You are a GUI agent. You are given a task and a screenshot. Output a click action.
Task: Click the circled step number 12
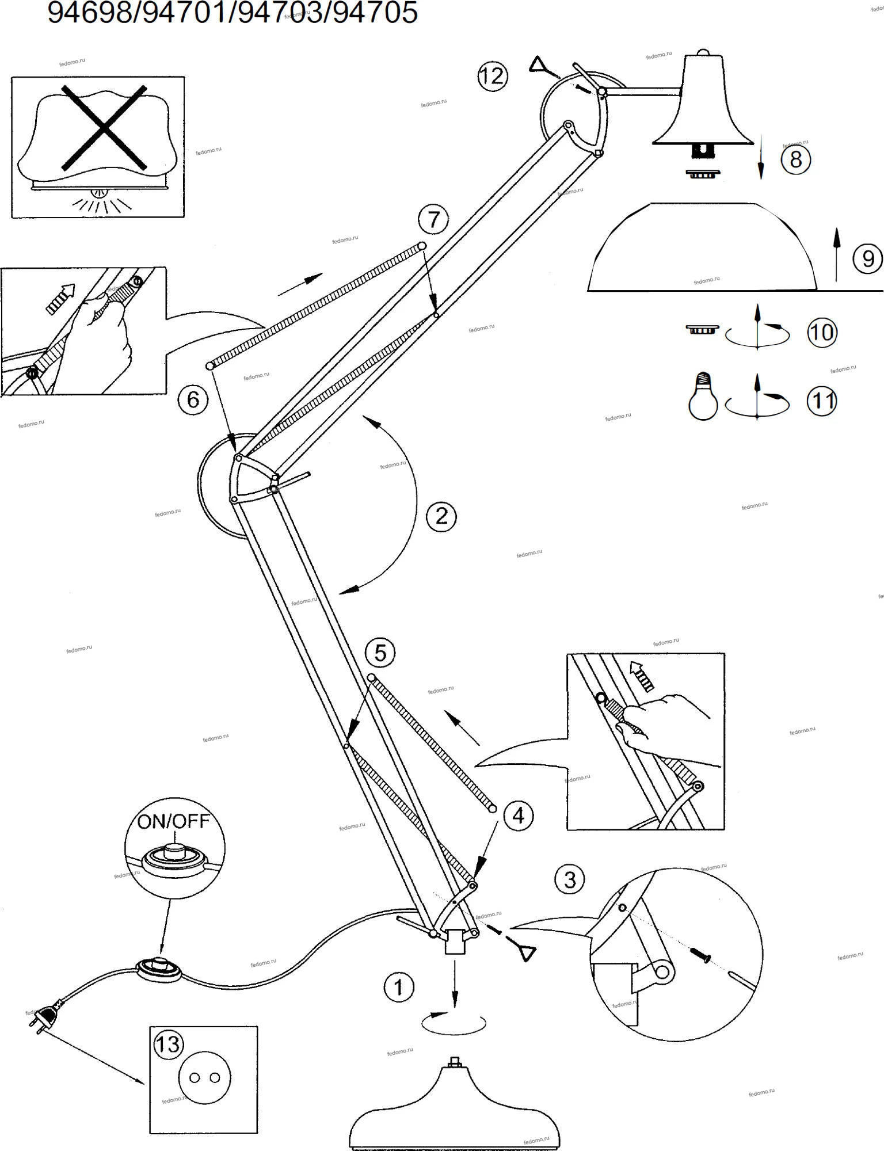tap(492, 76)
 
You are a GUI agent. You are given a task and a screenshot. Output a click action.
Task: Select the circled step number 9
tap(867, 259)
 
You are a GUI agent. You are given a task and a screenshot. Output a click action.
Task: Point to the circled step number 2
tap(441, 516)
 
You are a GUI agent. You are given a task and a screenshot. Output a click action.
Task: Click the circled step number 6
tap(193, 399)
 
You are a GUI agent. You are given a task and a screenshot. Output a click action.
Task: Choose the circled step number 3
tap(569, 880)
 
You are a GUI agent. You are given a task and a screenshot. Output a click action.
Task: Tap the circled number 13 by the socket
tap(168, 1043)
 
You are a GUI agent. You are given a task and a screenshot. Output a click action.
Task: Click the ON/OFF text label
tap(173, 821)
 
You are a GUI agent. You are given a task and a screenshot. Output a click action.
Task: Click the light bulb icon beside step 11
tap(703, 396)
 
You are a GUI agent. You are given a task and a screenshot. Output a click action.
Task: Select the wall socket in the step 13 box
tap(205, 1078)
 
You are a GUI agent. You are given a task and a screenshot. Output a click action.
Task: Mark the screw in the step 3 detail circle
tap(702, 955)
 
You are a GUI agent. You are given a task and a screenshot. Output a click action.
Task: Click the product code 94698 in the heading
tap(89, 13)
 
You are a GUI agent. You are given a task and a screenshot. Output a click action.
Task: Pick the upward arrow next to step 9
tap(836, 254)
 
